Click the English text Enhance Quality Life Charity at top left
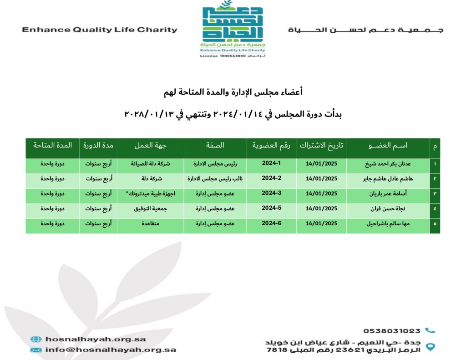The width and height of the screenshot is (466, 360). pos(100,30)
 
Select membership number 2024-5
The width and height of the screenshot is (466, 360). pos(271,208)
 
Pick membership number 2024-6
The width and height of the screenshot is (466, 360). pos(271,223)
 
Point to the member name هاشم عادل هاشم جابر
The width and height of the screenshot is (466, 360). pos(387,179)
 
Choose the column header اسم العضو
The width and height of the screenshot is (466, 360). pos(388,146)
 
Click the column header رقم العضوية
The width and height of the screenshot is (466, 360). pos(271,146)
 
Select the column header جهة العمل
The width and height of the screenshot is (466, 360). pos(150,146)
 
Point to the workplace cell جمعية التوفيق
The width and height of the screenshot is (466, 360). pos(150,208)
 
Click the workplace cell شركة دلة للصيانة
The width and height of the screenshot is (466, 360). pos(150,164)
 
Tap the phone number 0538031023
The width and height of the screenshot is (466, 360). pos(392,331)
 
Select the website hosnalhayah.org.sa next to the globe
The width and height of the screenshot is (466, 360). pos(96,339)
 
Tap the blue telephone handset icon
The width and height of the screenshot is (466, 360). pos(430,330)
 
